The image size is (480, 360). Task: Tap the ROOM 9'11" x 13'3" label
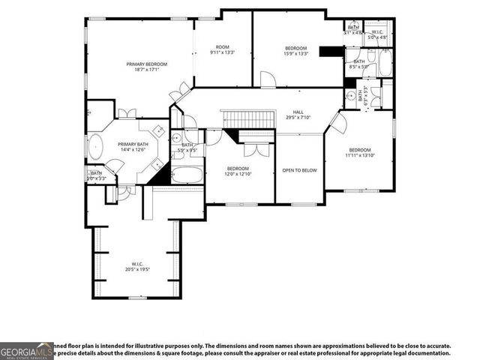223,49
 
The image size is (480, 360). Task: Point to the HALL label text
298,114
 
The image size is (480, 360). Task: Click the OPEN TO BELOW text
299,170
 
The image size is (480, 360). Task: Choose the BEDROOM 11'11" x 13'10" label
359,152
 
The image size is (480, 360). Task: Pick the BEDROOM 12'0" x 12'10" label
238,171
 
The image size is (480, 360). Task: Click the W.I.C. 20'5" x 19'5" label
137,267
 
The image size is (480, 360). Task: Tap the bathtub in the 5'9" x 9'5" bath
187,175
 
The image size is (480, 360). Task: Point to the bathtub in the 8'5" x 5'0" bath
384,63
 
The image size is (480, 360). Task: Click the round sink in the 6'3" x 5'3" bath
350,95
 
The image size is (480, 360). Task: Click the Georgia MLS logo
25,349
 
